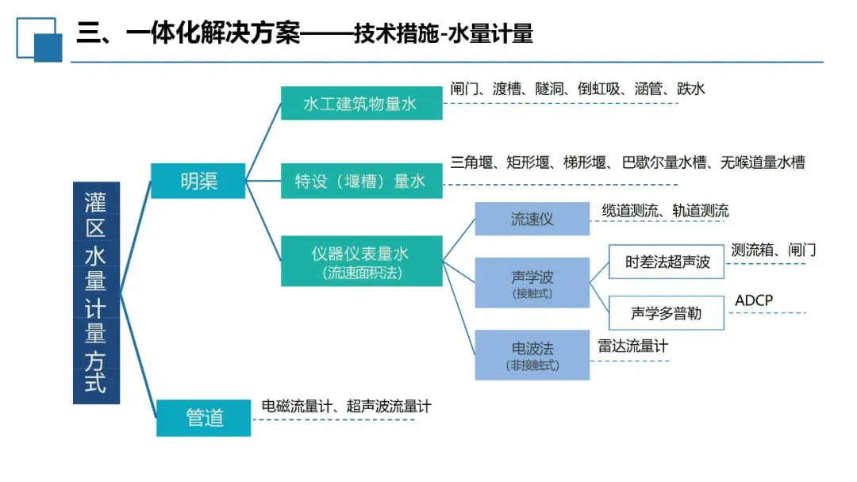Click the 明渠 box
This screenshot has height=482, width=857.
coord(198,180)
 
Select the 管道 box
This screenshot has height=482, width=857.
coord(204,417)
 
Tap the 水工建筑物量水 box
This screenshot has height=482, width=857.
coord(361,103)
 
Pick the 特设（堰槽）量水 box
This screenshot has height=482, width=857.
coord(361,181)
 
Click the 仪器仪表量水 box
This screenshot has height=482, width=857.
coord(361,261)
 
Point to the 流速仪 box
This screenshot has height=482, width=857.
coord(532,219)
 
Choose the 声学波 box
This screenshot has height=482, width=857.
coord(532,282)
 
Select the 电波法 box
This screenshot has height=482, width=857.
coord(532,354)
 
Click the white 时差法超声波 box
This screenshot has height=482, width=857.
coord(667,262)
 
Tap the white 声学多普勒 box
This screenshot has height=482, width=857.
coord(667,313)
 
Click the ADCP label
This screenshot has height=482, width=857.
coord(754,300)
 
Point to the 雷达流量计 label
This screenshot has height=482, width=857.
coord(632,346)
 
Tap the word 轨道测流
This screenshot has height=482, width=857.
coord(700,210)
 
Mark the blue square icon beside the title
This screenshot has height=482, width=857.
coord(38,39)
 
